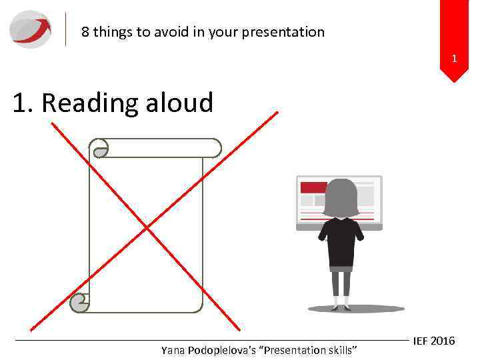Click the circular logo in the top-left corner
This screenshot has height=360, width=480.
31,29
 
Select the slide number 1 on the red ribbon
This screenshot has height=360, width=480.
454,59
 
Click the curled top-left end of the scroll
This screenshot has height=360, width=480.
101,149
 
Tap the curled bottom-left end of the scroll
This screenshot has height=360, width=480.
79,303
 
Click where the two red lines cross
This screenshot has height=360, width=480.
147,228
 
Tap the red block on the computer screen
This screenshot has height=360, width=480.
313,187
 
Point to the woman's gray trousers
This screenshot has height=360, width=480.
341,283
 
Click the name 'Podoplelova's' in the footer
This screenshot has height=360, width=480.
221,351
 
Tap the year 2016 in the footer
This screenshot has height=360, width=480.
443,341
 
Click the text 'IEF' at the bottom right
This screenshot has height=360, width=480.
421,341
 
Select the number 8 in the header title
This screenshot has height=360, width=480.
85,32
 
